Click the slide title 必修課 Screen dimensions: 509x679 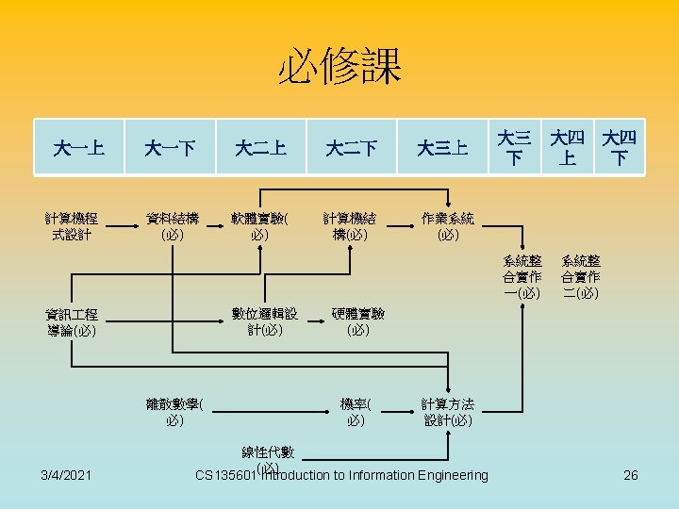tap(339, 68)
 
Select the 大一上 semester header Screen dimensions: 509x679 tap(78, 148)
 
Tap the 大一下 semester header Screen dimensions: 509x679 tap(170, 148)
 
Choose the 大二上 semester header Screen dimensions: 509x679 tap(261, 148)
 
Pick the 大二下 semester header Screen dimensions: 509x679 tap(352, 148)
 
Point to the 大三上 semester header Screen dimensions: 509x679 tap(443, 148)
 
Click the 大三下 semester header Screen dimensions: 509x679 tap(515, 148)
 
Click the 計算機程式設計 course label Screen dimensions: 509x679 tap(73, 226)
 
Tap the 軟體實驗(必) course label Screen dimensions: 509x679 tap(260, 226)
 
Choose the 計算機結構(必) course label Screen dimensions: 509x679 tap(350, 226)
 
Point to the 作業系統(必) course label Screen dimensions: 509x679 tap(447, 226)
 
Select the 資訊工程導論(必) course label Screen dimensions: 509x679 tap(73, 322)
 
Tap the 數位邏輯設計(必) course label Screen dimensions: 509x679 tap(266, 321)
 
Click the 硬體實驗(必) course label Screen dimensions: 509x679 tap(357, 321)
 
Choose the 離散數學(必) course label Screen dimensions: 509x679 tap(174, 412)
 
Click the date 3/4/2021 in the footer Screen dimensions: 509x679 tap(66, 475)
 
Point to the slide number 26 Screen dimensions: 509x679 tap(631, 475)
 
